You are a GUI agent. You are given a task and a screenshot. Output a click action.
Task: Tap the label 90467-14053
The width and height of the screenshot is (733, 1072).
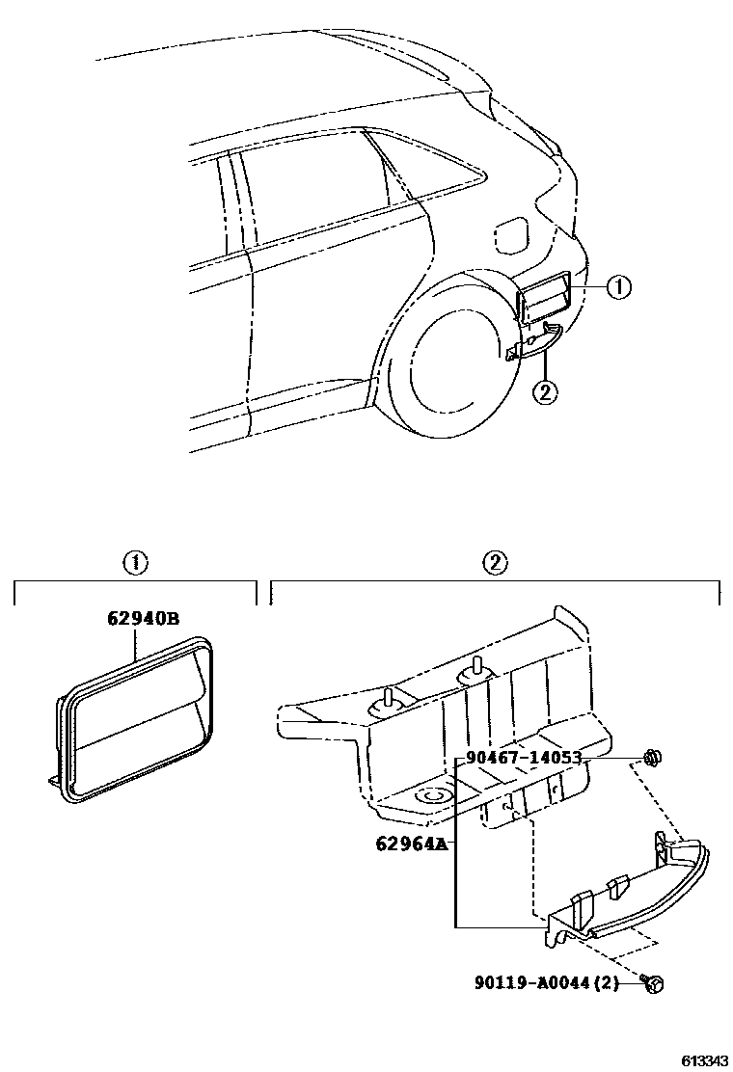(x=523, y=758)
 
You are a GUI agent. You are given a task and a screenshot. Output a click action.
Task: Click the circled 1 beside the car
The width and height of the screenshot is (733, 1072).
(x=618, y=286)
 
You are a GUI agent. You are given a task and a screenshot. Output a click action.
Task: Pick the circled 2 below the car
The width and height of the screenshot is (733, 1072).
(x=545, y=392)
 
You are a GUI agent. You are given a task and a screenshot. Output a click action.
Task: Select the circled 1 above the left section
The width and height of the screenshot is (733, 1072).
(x=134, y=563)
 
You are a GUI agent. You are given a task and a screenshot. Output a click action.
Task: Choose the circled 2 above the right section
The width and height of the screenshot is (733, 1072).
(x=494, y=563)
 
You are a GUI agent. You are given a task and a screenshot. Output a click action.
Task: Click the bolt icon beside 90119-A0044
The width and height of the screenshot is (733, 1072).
(x=653, y=982)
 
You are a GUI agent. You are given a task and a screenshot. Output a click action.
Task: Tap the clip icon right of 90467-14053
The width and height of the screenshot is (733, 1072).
(x=654, y=759)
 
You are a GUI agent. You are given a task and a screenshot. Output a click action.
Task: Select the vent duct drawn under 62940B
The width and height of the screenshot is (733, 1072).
(x=135, y=718)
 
